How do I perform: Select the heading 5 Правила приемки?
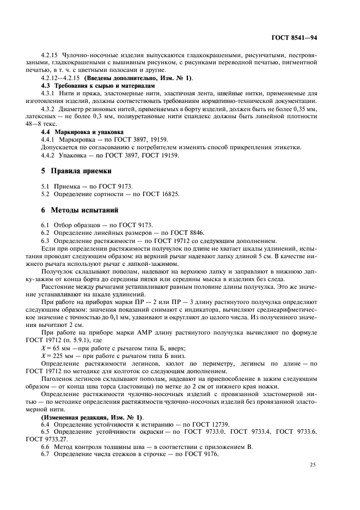point(77,171)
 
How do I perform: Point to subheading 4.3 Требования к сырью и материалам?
point(99,86)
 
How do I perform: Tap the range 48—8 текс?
point(56,124)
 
